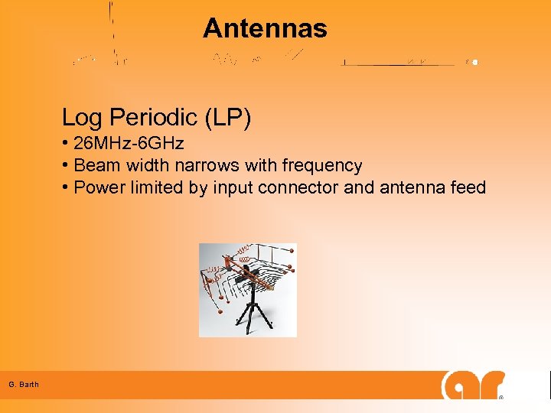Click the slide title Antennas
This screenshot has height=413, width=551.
pos(265,29)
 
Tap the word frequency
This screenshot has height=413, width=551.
pos(321,166)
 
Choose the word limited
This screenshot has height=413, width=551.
pos(156,187)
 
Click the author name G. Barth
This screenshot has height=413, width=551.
pos(24,384)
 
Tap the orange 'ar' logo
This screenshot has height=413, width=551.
pos(473,385)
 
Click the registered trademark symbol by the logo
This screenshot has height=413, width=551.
pos(500,398)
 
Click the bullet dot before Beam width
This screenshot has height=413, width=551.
pos(67,165)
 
